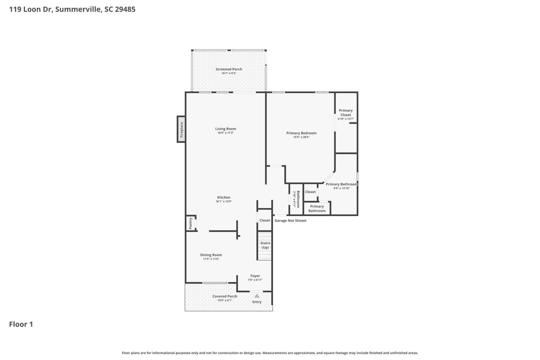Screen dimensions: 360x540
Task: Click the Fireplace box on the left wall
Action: (181, 129)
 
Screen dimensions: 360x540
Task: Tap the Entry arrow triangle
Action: (257, 296)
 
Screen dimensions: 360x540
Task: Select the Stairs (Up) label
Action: (265, 245)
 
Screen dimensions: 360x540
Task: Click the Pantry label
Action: (190, 223)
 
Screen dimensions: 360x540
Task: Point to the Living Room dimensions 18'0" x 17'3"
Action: (226, 133)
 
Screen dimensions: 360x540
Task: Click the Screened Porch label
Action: (229, 69)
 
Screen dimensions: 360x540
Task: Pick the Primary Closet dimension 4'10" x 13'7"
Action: (345, 119)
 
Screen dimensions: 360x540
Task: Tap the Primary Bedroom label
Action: (301, 133)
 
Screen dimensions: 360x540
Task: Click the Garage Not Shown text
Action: (290, 220)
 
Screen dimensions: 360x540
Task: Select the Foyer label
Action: (255, 276)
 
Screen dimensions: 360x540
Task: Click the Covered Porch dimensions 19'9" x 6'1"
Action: (225, 300)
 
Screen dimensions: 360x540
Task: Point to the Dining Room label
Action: (211, 255)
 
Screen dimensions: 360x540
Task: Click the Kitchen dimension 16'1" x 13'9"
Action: (224, 201)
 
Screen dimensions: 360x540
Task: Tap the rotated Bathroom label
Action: (298, 199)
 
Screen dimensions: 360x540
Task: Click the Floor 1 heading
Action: (21, 324)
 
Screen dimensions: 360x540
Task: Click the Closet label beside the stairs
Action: (265, 220)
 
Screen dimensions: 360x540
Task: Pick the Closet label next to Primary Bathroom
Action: (310, 192)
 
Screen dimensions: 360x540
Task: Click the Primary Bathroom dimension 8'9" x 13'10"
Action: (341, 188)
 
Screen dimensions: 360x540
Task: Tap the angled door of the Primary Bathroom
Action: (328, 177)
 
